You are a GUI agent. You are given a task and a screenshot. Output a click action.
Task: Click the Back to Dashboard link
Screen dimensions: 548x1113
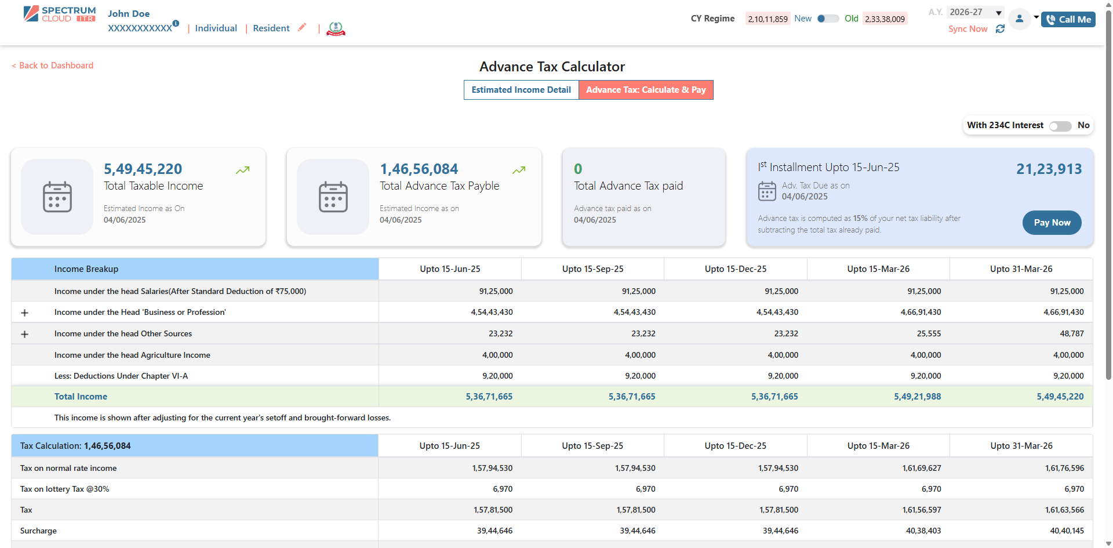tap(53, 66)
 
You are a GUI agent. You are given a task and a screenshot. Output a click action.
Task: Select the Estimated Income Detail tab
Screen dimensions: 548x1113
tap(521, 90)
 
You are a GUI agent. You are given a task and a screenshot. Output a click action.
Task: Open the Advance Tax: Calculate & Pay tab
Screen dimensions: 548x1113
tap(645, 90)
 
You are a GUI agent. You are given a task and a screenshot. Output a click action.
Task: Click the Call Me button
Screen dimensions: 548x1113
tap(1068, 20)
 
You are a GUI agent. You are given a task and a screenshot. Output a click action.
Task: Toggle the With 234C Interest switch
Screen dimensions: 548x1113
tap(1060, 126)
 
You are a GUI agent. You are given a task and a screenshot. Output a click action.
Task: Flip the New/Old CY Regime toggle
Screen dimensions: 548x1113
tap(828, 19)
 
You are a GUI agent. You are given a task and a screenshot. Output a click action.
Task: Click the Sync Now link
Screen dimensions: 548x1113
tap(967, 29)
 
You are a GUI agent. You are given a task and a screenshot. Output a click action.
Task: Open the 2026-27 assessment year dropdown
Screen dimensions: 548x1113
tap(975, 12)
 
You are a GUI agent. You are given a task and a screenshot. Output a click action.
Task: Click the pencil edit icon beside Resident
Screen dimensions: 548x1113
tap(301, 27)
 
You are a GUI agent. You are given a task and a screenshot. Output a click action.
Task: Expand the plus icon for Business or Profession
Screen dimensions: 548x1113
tap(24, 313)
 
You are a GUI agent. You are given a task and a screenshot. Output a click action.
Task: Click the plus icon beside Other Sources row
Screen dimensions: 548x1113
tap(24, 334)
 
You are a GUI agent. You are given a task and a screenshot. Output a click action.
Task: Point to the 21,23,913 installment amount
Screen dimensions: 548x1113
tap(1049, 169)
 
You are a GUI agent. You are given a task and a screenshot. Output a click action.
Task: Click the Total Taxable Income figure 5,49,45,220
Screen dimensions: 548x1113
tap(143, 169)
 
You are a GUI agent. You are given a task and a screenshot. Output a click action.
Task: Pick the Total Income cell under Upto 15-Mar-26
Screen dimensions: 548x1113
tap(917, 397)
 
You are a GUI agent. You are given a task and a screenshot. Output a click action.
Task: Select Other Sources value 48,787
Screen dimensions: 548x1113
tap(1071, 333)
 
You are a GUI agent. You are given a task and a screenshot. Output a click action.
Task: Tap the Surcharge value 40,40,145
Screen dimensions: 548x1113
tap(1067, 531)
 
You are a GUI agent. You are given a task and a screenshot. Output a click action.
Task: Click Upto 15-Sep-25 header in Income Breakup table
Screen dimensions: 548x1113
tap(592, 269)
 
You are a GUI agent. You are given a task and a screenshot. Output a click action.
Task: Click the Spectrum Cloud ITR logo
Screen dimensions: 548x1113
tap(60, 14)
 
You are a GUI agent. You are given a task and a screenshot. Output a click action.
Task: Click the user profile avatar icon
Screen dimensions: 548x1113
tap(1019, 19)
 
